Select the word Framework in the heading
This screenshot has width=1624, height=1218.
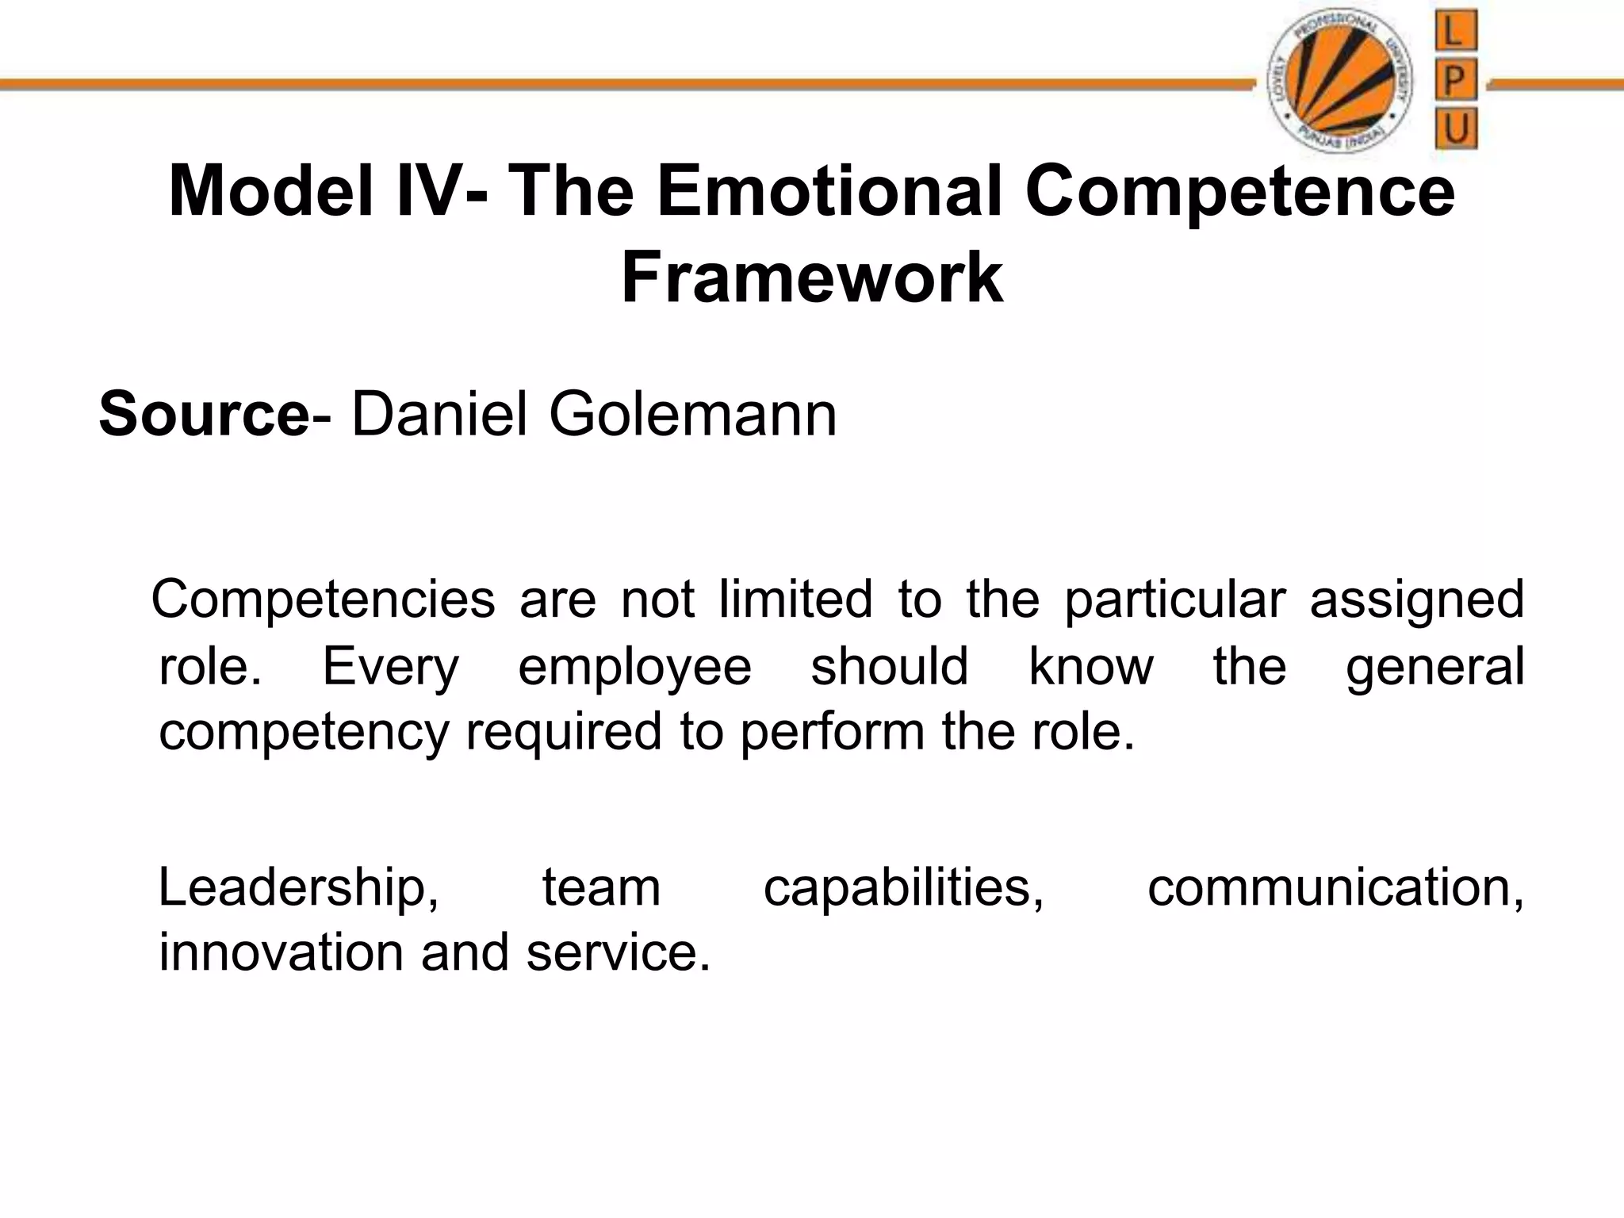(x=812, y=277)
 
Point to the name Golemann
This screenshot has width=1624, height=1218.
(x=692, y=414)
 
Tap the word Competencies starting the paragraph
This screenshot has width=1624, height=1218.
(x=324, y=599)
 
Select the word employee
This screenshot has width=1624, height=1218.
(x=634, y=666)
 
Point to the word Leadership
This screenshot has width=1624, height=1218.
(x=298, y=888)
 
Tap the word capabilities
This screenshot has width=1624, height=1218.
(x=903, y=888)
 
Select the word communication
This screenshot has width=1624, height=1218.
(x=1335, y=888)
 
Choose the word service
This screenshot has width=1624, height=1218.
(x=618, y=952)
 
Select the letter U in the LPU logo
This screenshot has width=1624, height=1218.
(x=1456, y=129)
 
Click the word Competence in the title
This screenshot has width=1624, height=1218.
(x=1239, y=191)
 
